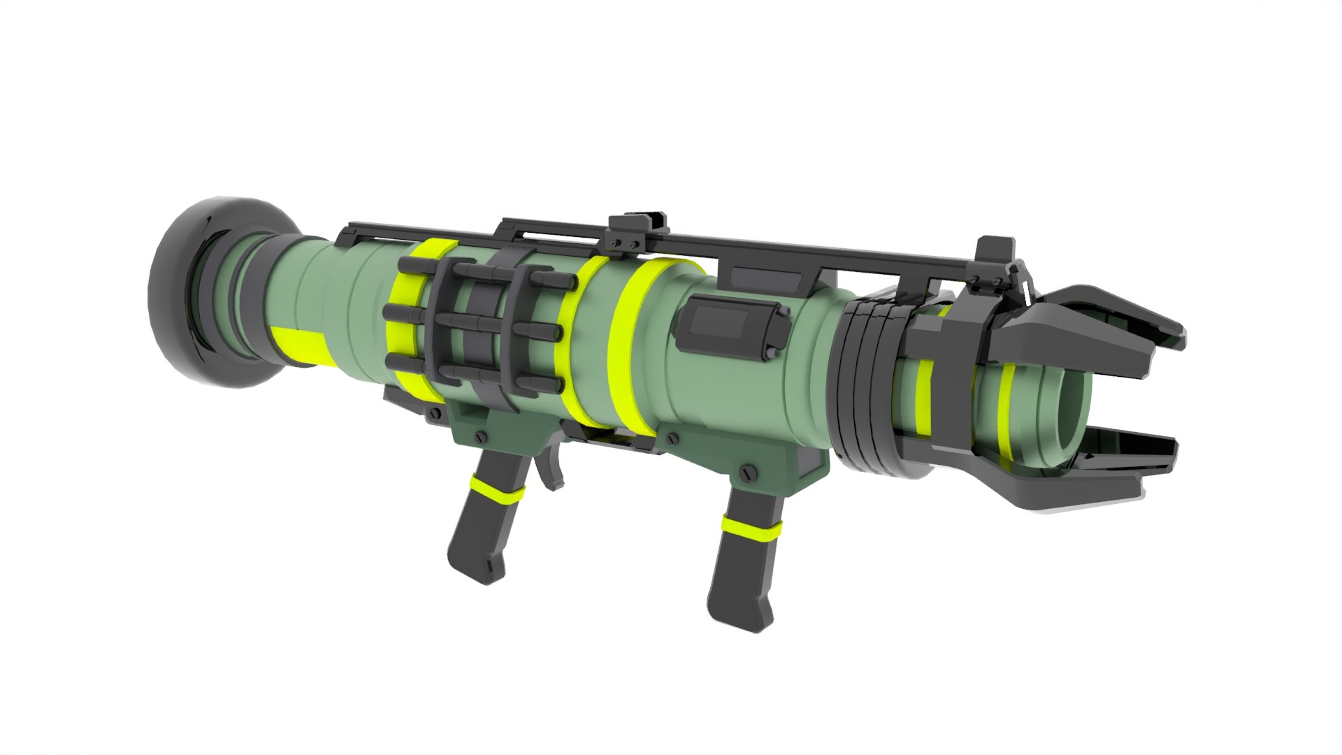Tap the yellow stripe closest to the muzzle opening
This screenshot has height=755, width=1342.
[1008, 412]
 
